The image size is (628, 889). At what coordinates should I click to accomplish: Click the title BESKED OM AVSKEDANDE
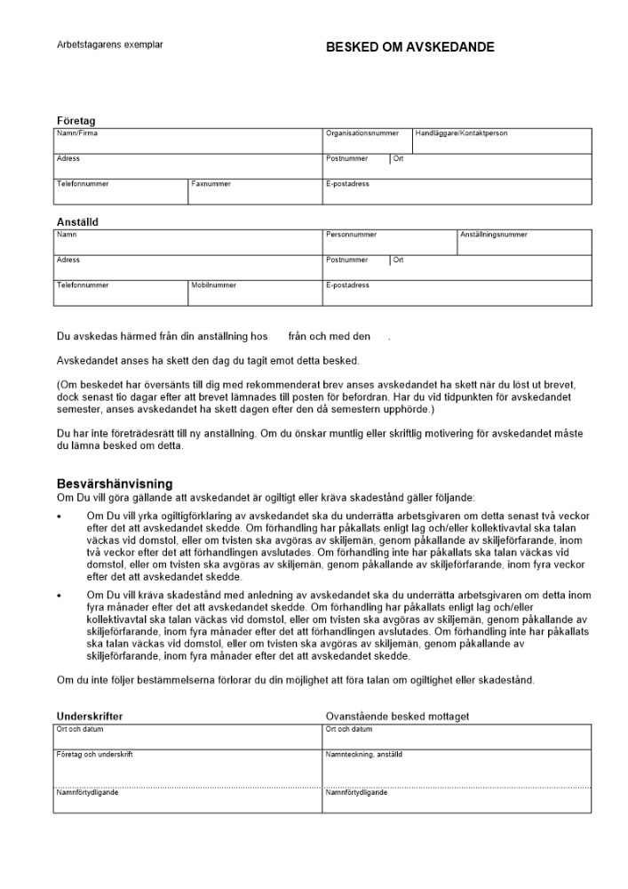[x=409, y=47]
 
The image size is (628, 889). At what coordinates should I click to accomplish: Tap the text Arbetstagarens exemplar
[x=109, y=44]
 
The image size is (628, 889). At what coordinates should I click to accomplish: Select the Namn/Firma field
[x=187, y=141]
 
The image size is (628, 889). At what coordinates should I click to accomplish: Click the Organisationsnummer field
[x=367, y=141]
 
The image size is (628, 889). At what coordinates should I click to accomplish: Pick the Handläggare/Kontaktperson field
[x=502, y=141]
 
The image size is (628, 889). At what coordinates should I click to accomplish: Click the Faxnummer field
[x=255, y=192]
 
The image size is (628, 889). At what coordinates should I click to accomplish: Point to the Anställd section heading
[x=77, y=222]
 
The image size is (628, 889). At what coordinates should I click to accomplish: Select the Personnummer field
[x=389, y=243]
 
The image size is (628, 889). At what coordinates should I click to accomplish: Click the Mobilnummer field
[x=255, y=293]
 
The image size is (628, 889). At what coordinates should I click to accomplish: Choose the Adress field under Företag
[x=187, y=166]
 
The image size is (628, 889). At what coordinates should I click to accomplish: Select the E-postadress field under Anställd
[x=457, y=293]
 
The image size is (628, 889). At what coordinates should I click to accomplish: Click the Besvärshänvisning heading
[x=115, y=483]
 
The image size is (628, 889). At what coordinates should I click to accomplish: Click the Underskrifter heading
[x=90, y=716]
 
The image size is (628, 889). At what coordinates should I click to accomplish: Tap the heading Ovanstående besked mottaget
[x=397, y=716]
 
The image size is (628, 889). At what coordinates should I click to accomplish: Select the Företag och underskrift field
[x=187, y=770]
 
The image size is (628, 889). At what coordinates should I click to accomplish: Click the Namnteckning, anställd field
[x=457, y=770]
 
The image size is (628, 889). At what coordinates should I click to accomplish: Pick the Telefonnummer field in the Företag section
[x=121, y=192]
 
